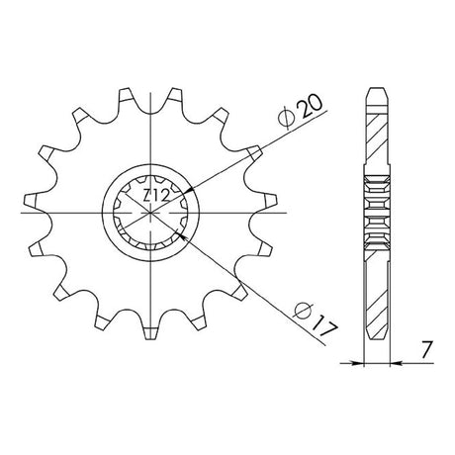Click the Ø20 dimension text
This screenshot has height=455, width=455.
pyautogui.click(x=301, y=112)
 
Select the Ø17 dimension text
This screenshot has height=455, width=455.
pyautogui.click(x=316, y=320)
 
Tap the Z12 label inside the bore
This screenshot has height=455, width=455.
pyautogui.click(x=156, y=197)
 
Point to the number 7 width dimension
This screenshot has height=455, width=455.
pyautogui.click(x=425, y=350)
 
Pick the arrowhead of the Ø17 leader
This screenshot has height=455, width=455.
pyautogui.click(x=181, y=235)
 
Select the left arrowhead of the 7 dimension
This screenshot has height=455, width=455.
pyautogui.click(x=358, y=363)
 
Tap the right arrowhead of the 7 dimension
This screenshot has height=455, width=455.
pyautogui.click(x=396, y=363)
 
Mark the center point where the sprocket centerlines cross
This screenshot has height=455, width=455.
pyautogui.click(x=150, y=213)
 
